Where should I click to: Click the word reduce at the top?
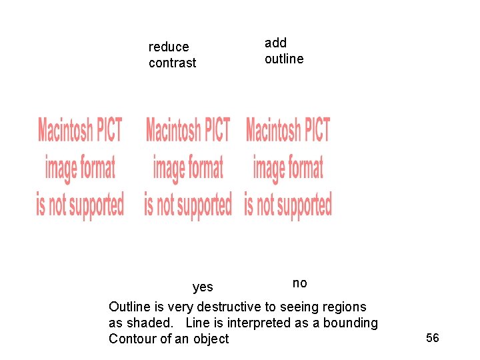click(169, 47)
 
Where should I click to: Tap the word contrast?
click(173, 63)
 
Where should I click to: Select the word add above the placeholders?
click(275, 43)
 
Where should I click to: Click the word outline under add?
click(284, 59)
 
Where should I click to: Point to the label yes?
click(203, 287)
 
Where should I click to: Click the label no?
click(300, 283)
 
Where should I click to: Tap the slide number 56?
click(433, 339)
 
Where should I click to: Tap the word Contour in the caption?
click(133, 339)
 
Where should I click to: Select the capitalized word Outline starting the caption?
click(129, 307)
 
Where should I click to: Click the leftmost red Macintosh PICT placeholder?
click(80, 167)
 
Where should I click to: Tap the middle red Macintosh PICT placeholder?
click(188, 167)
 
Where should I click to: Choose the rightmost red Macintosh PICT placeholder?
click(288, 167)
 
